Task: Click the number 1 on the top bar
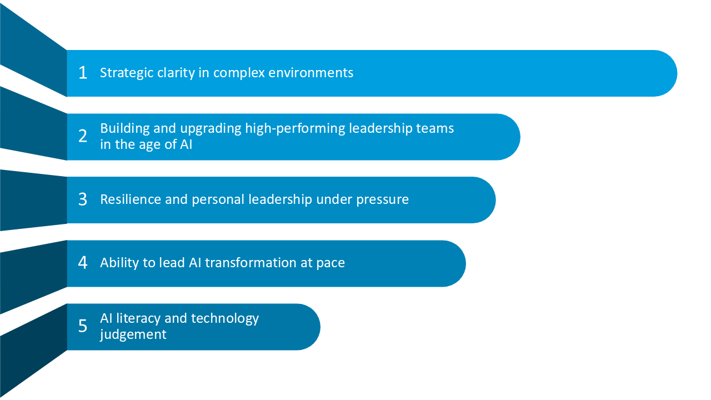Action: pyautogui.click(x=83, y=73)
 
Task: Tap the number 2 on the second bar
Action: pyautogui.click(x=83, y=136)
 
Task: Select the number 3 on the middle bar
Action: pyautogui.click(x=83, y=199)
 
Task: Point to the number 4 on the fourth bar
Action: pyautogui.click(x=83, y=263)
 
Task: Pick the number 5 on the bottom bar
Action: pyautogui.click(x=83, y=326)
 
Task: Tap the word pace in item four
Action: pyautogui.click(x=331, y=263)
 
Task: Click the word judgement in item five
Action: pyautogui.click(x=133, y=334)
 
